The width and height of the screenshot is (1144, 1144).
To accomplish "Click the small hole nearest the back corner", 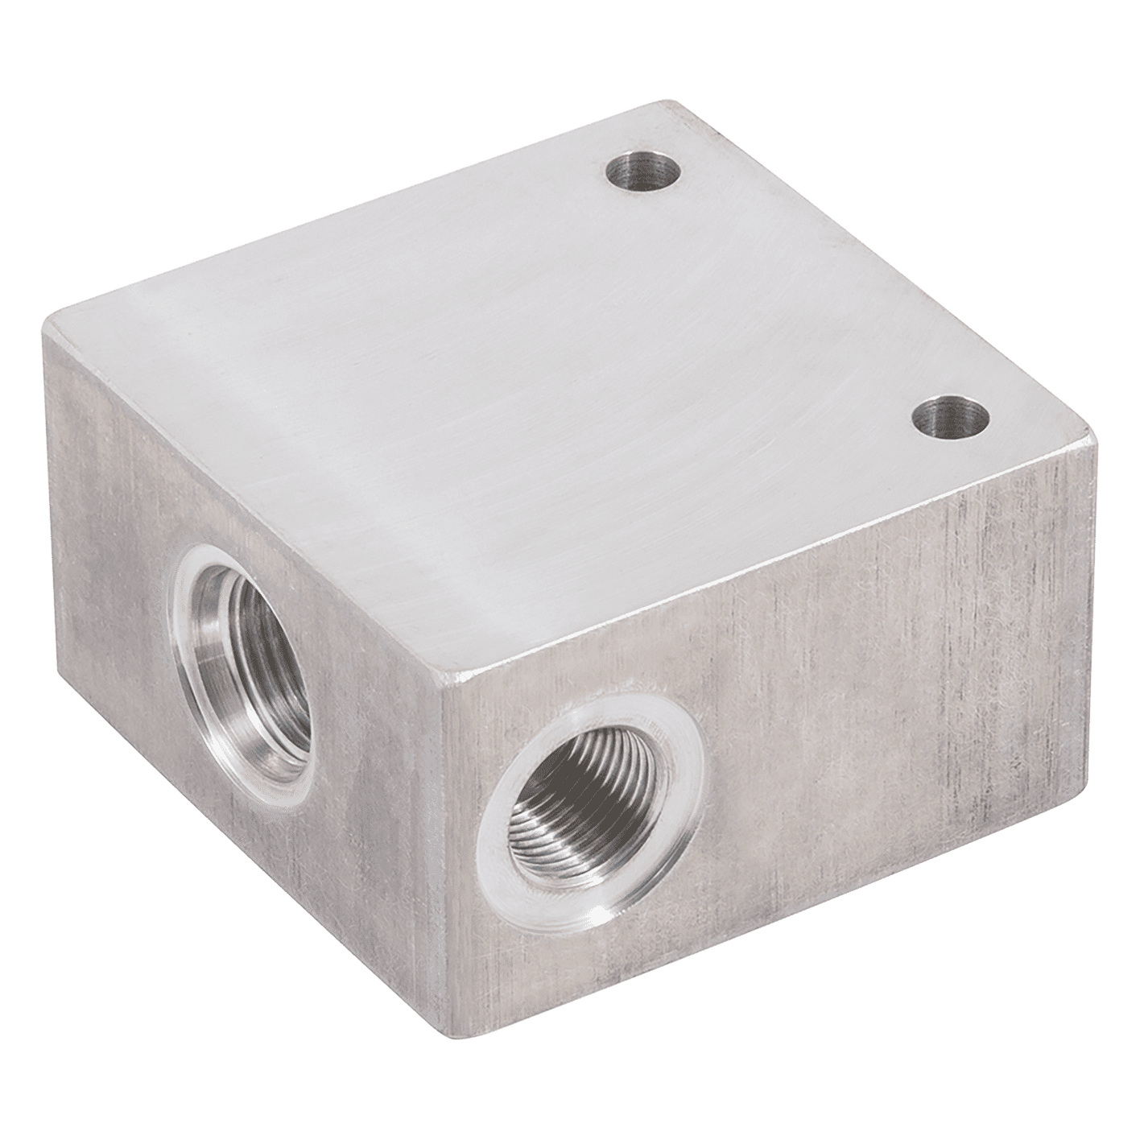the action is pyautogui.click(x=642, y=172).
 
